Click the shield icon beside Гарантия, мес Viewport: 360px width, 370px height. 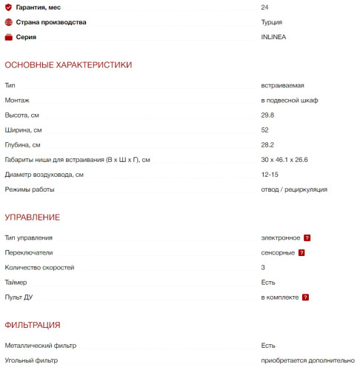pos(8,7)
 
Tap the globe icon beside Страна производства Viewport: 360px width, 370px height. pos(8,22)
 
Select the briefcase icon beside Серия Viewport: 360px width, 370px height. pos(8,37)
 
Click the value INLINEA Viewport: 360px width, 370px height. pos(273,37)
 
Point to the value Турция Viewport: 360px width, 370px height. pos(271,22)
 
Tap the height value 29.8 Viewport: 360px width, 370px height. pos(267,115)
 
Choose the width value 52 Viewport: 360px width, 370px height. pos(265,130)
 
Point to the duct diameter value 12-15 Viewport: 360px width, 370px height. pos(270,175)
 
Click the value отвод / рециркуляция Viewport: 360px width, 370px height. pos(294,189)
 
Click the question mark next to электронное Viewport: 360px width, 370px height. pos(307,238)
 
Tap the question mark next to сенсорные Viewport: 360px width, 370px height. pos(301,253)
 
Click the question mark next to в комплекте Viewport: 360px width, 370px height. pos(305,297)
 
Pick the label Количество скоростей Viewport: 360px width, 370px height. pos(39,268)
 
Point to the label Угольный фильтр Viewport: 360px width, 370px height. pos(30,360)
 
